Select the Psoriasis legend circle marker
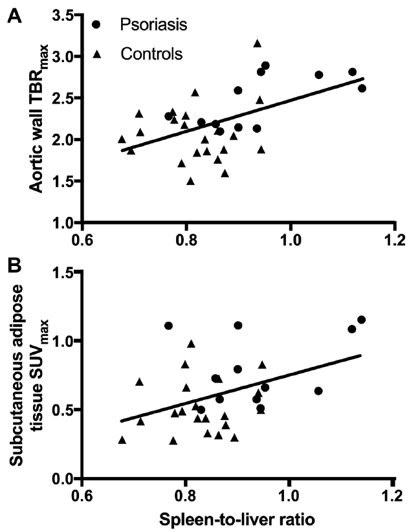pos(96,25)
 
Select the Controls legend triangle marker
pos(96,53)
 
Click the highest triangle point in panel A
pos(258,43)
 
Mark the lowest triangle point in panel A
pos(190,181)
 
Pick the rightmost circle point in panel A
pos(362,88)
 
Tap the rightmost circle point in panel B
pos(361,320)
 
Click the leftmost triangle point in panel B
pos(122,439)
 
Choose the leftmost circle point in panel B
pos(169,326)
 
